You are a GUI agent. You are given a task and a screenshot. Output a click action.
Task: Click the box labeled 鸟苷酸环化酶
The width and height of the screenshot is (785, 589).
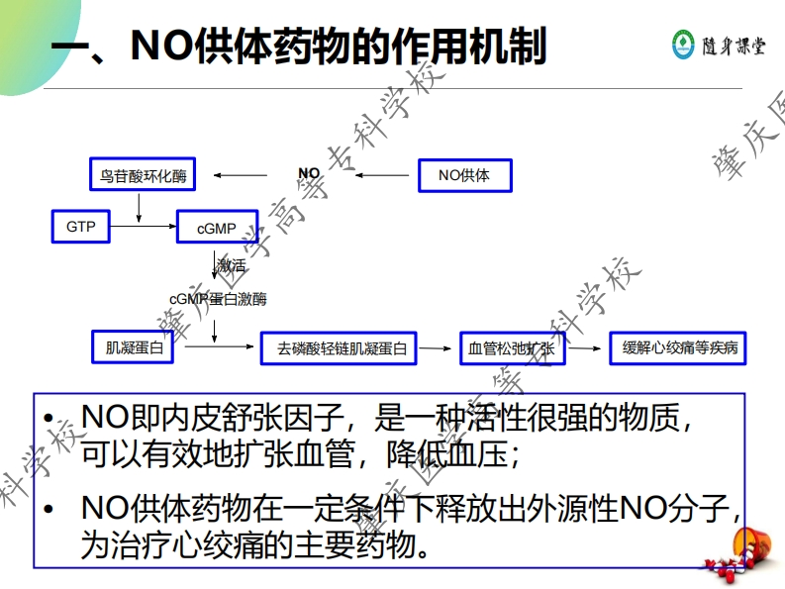(143, 176)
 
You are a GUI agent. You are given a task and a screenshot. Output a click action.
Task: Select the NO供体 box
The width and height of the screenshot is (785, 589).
(463, 175)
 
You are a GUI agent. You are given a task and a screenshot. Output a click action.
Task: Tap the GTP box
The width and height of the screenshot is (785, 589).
(81, 227)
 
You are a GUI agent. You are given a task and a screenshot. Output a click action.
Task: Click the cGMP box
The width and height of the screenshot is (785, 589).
(217, 228)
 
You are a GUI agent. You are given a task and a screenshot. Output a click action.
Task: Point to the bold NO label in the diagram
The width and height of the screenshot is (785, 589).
(309, 174)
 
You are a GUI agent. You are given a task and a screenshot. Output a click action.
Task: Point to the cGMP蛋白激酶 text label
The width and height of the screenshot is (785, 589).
(218, 298)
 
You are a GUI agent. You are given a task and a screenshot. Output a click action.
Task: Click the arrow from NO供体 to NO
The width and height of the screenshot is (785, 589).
(384, 176)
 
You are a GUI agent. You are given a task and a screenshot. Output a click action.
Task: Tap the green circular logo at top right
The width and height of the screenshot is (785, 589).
(684, 44)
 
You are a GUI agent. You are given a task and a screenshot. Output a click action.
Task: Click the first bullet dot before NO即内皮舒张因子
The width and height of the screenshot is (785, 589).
(49, 420)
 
